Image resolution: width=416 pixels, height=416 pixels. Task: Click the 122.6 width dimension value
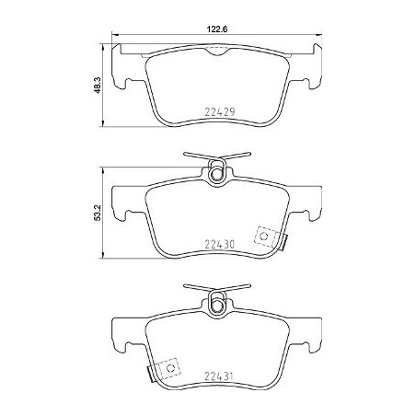[x=216, y=29]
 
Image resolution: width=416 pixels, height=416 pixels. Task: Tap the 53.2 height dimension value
[x=98, y=214]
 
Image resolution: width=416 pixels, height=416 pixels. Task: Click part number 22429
[x=220, y=112]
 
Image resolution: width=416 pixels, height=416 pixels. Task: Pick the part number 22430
[x=220, y=244]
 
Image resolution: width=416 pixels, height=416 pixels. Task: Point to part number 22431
[x=219, y=376]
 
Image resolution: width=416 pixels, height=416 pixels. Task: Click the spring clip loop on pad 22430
[x=217, y=172]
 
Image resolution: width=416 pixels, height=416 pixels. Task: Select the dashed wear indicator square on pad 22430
[x=266, y=237]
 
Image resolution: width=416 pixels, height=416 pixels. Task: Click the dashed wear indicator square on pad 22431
[x=169, y=368]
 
